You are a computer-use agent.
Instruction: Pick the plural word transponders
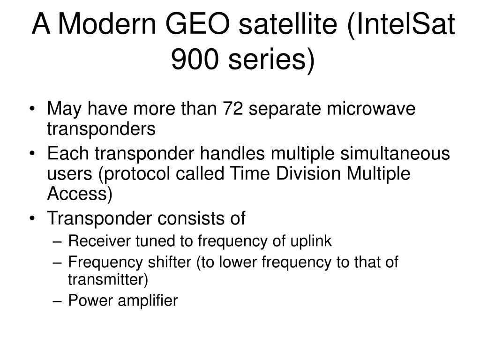pos(101,128)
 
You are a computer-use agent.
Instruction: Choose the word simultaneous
pos(395,153)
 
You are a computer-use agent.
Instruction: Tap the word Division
pos(308,173)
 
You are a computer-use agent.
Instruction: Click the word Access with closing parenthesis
pos(80,194)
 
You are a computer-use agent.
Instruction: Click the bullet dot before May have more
pos(32,109)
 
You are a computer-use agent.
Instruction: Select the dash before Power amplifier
pos(57,301)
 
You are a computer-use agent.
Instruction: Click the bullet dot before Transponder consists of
pos(32,219)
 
